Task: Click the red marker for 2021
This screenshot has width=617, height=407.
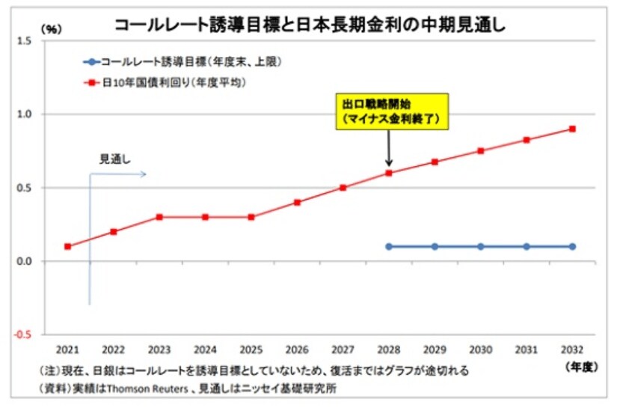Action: pos(68,246)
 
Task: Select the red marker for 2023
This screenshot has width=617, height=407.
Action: pos(159,217)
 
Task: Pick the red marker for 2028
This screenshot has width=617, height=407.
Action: pos(389,173)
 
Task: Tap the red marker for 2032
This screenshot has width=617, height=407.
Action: pos(572,129)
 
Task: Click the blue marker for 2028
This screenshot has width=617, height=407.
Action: pos(389,246)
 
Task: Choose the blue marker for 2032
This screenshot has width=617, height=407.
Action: pos(572,246)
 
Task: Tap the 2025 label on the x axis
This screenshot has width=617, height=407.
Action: pos(251,350)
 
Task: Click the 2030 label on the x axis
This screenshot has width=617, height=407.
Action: pos(480,350)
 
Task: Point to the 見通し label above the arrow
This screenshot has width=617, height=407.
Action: pos(116,159)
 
